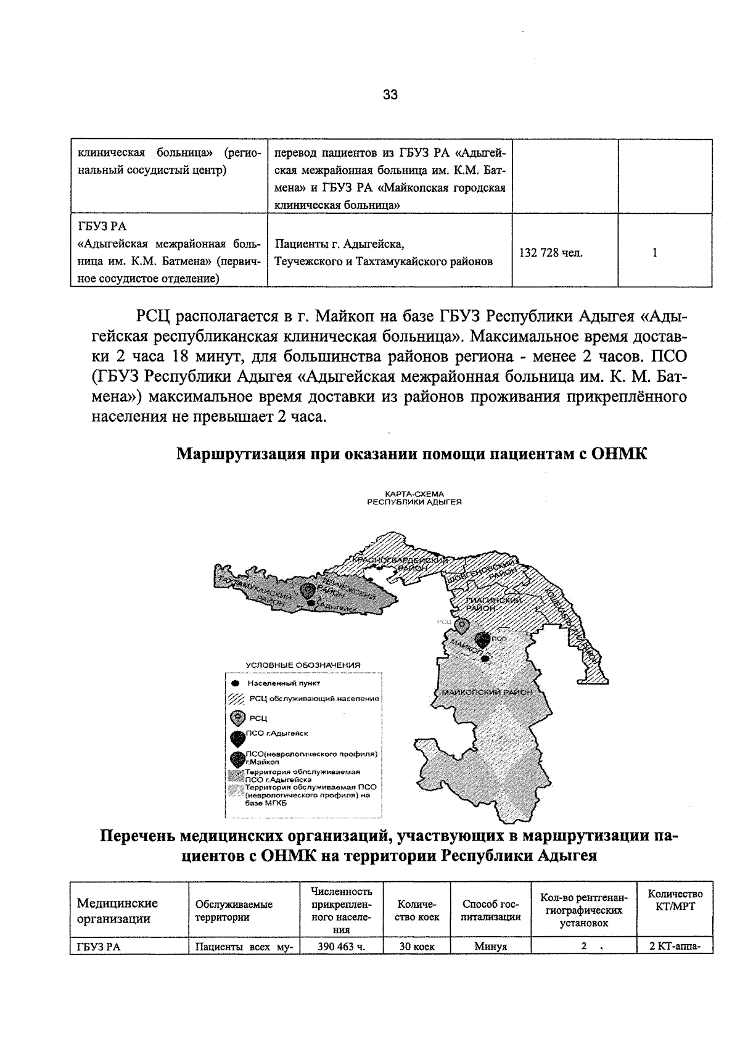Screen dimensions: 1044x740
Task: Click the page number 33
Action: (390, 95)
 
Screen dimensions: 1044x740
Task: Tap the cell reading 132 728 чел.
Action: (551, 253)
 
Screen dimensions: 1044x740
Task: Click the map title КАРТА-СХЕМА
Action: (414, 494)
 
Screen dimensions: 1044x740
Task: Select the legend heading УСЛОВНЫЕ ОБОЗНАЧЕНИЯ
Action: (303, 665)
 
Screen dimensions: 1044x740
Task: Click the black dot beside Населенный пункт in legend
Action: (234, 683)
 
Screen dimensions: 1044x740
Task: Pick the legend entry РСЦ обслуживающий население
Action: (314, 699)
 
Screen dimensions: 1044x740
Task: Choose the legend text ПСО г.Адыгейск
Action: (277, 733)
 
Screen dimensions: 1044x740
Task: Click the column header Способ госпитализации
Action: (491, 910)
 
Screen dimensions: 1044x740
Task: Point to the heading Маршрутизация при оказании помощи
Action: (412, 455)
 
